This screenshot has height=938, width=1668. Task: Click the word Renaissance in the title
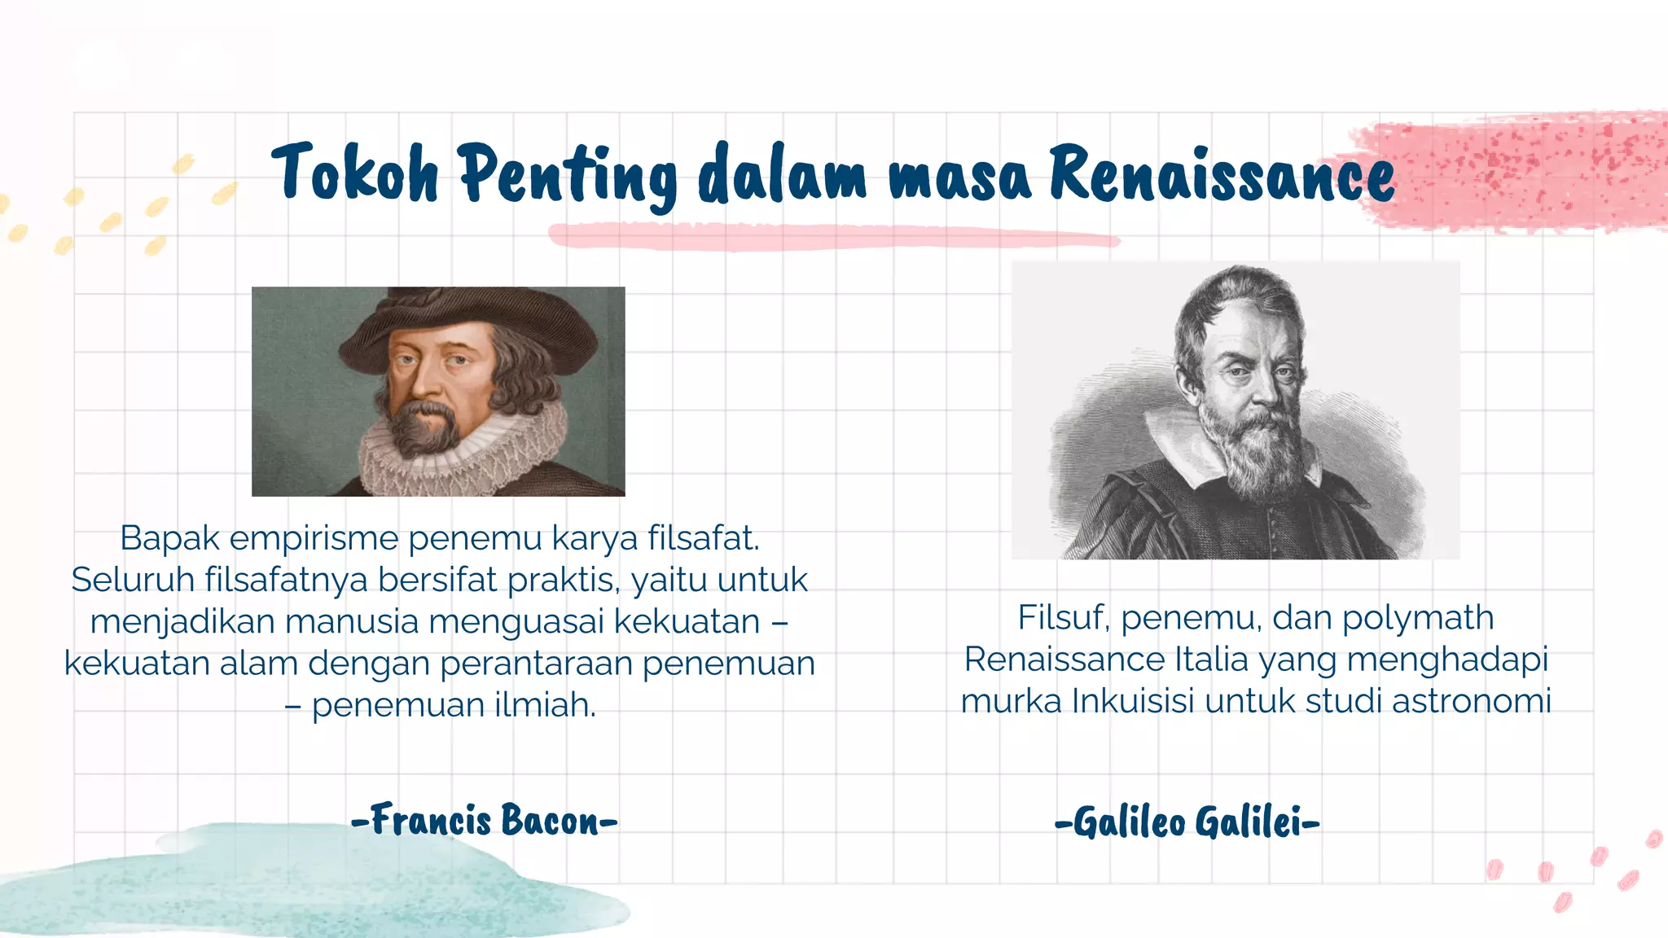pos(1221,173)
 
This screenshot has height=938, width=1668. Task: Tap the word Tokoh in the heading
pos(355,173)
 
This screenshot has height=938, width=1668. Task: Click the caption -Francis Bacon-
pos(485,820)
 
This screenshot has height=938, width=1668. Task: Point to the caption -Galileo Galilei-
pos(1187,822)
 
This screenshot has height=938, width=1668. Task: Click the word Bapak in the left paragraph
pos(169,538)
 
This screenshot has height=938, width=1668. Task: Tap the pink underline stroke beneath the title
pos(831,236)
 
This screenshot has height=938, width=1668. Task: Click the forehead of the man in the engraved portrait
pos(1246,334)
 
